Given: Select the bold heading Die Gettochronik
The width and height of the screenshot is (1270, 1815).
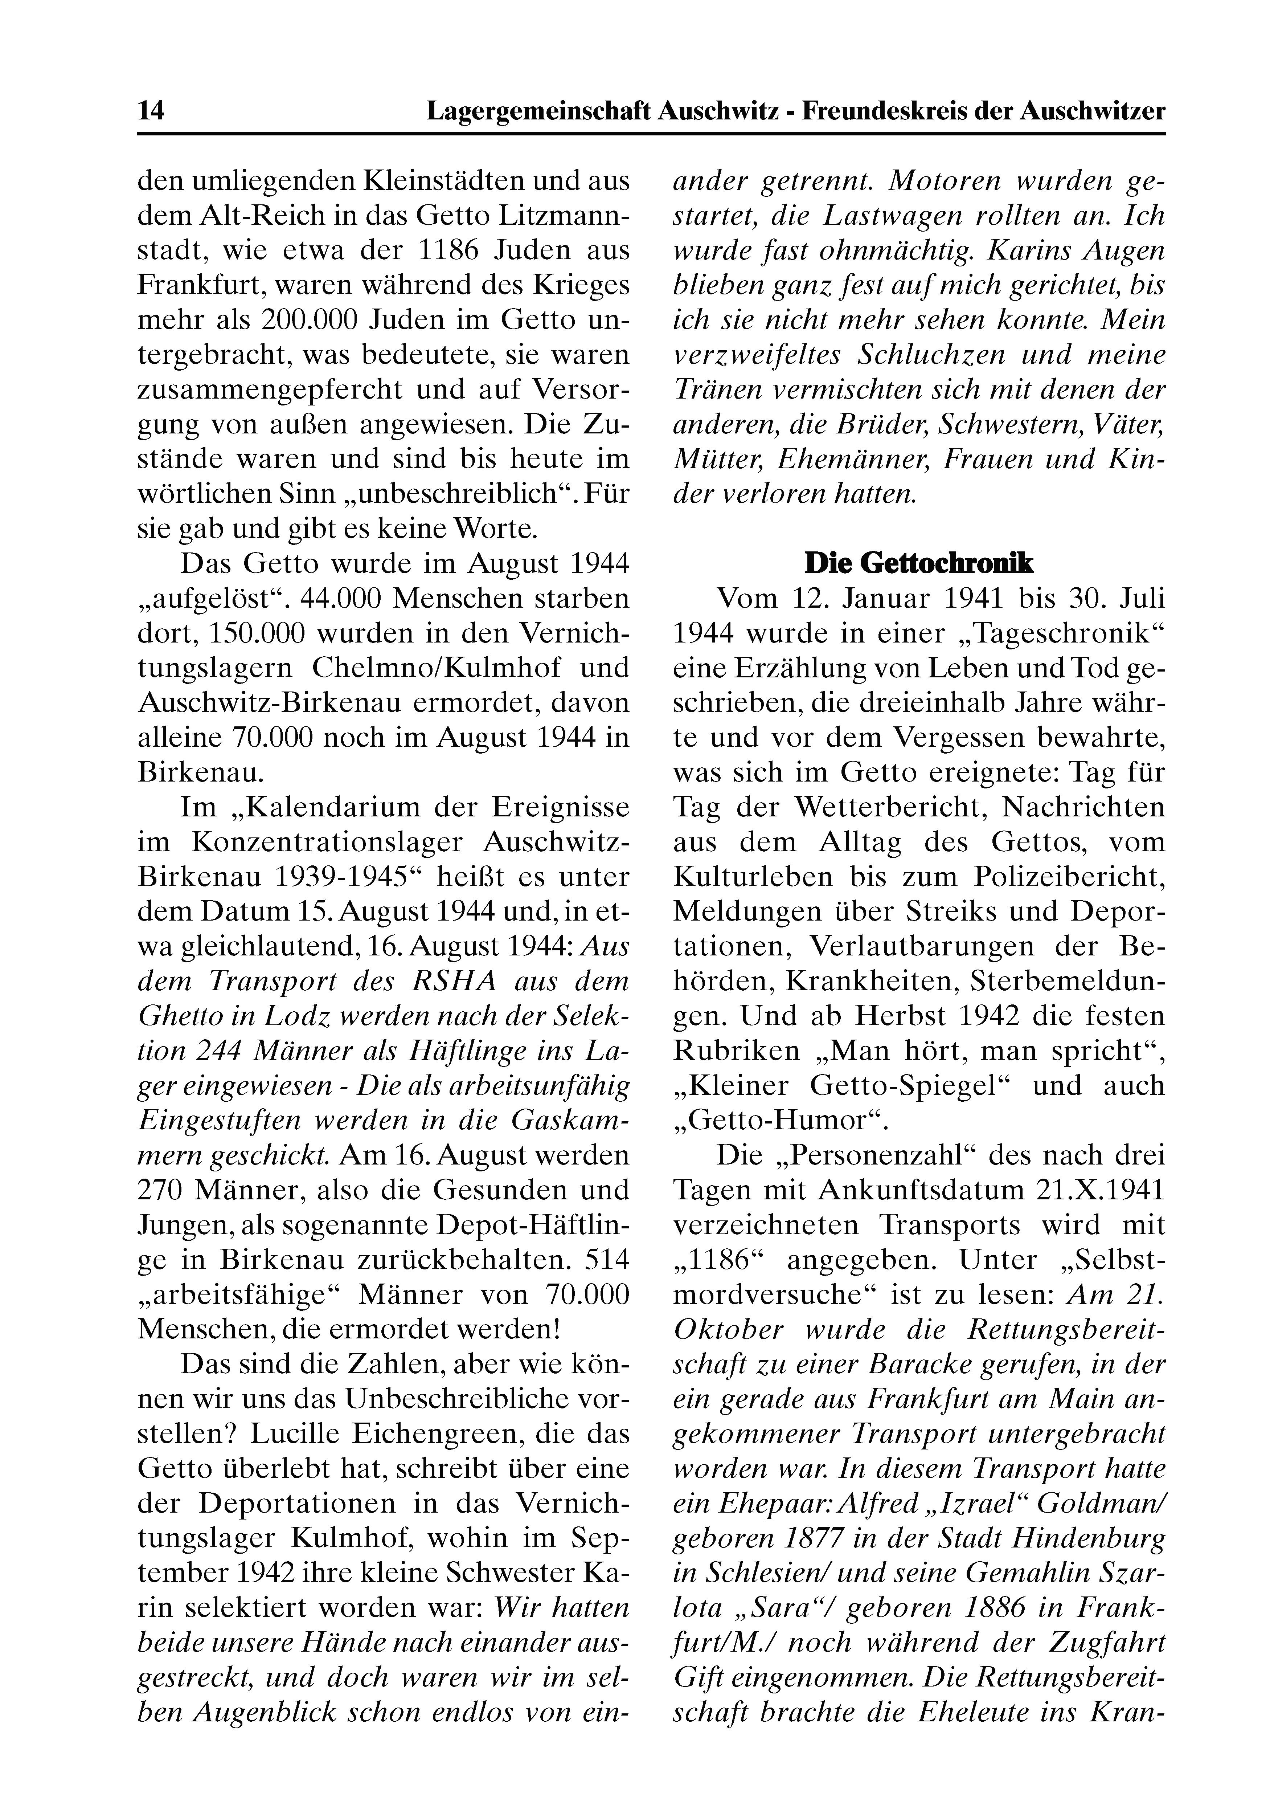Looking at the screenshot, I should [918, 563].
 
